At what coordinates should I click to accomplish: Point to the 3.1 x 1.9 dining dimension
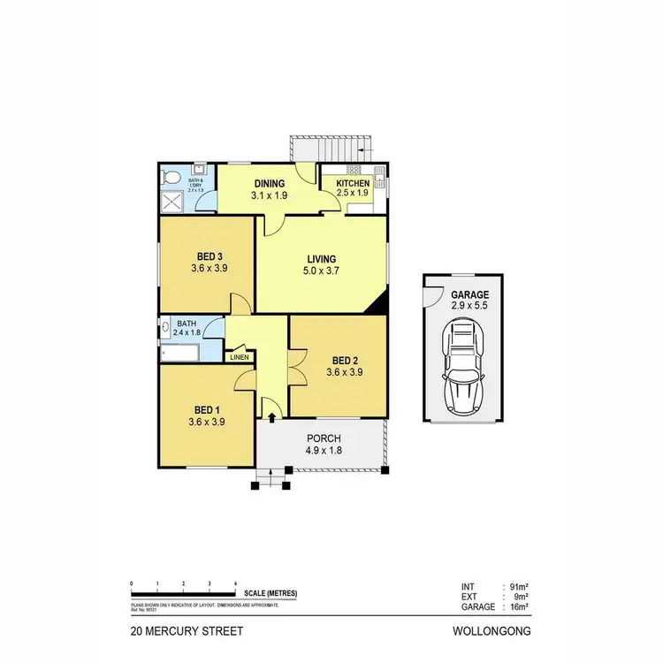[270, 195]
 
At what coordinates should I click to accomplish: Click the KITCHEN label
[352, 183]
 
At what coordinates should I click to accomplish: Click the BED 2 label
[345, 360]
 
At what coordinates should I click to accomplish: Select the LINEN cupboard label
[239, 357]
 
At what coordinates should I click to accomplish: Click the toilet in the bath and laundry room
[172, 179]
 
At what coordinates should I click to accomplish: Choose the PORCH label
[324, 438]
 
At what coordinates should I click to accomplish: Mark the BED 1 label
[207, 410]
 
